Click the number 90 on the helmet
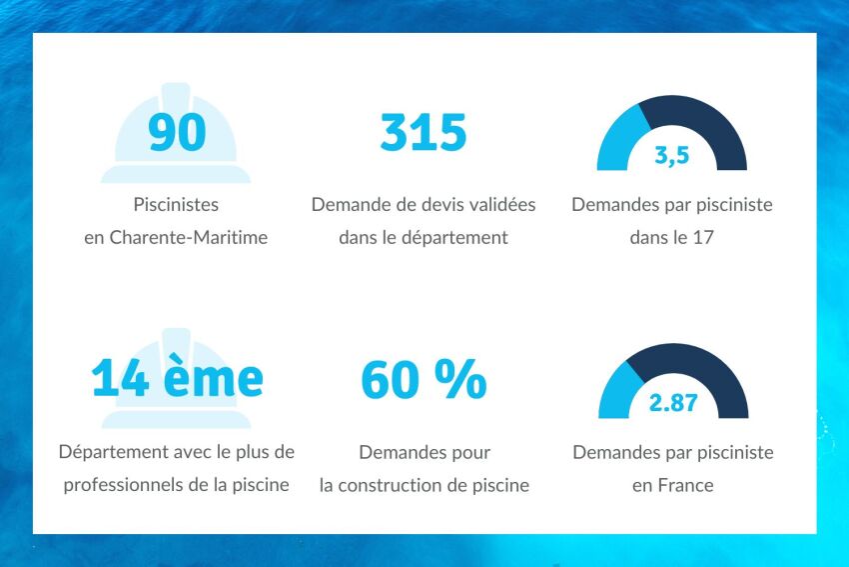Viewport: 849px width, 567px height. coord(176,133)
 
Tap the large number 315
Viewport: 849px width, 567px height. coord(424,133)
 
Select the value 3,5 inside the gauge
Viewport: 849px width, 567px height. coord(672,156)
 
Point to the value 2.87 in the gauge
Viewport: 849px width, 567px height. coord(673,404)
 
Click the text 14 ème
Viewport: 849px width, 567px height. coord(177,379)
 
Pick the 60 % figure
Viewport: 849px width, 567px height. coord(424,380)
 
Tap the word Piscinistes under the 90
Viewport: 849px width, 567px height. coord(176,205)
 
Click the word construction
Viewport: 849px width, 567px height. coord(424,486)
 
